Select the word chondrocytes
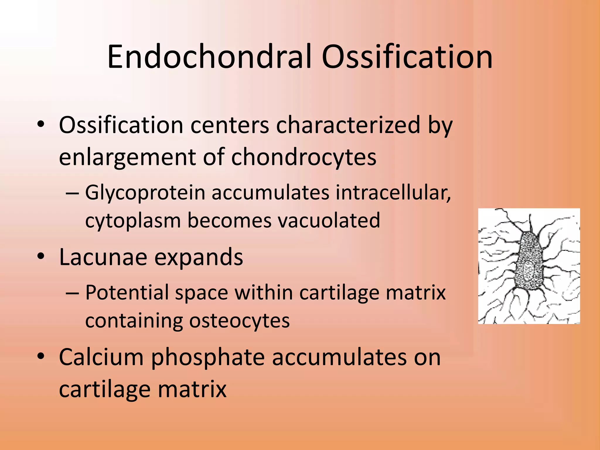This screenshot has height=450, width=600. pyautogui.click(x=304, y=158)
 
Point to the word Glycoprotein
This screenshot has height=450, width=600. pyautogui.click(x=145, y=193)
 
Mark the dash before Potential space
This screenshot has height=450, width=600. pyautogui.click(x=72, y=293)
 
